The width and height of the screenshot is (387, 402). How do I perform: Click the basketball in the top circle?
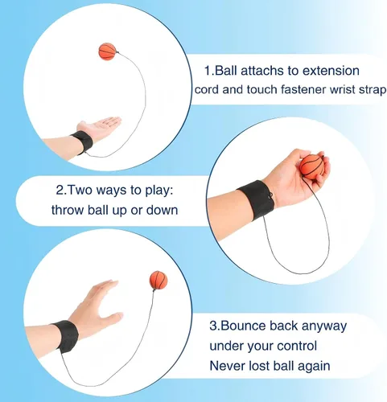[x=108, y=51]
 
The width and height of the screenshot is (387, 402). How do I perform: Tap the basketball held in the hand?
[x=313, y=166]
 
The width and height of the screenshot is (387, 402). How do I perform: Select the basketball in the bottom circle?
[x=159, y=280]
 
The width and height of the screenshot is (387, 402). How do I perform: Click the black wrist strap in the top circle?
[x=83, y=142]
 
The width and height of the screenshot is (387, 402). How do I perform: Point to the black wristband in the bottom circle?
[x=66, y=336]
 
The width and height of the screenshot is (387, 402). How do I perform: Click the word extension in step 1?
[x=331, y=71]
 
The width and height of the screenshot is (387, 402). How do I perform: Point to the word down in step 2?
[x=162, y=210]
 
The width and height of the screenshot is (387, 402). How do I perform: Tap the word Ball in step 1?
[x=226, y=71]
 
